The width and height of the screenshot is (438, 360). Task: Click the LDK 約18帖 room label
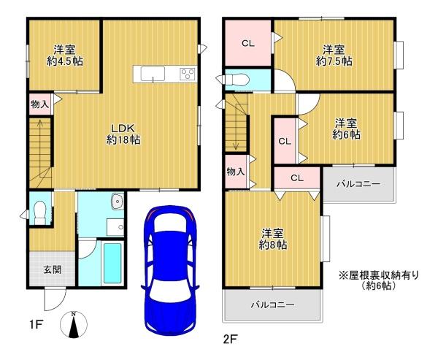coord(123,134)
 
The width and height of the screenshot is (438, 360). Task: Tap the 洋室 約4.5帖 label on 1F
coord(64,55)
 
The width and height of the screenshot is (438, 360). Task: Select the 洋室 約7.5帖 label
coord(334,55)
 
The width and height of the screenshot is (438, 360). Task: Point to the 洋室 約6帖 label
coord(346,129)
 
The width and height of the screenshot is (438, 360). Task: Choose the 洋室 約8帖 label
coord(272,240)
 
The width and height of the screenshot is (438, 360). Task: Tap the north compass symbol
coord(74,325)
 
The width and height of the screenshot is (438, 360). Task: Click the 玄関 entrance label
coord(53,269)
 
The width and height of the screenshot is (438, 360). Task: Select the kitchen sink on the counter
coord(153,74)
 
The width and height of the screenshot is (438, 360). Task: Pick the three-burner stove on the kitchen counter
coord(188,74)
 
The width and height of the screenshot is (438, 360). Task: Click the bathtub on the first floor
coord(112,263)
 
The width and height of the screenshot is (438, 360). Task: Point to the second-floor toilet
coord(234,80)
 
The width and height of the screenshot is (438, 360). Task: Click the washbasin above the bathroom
coord(118,202)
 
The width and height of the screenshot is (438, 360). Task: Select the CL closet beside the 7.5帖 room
coord(248,43)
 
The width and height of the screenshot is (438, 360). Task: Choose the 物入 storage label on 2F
coord(236,172)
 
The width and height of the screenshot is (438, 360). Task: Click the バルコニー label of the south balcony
coord(272,305)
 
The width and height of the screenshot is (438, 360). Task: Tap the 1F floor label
coord(36,325)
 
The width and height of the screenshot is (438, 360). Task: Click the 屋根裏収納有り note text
coord(379,276)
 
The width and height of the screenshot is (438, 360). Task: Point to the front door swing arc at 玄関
coord(58,305)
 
